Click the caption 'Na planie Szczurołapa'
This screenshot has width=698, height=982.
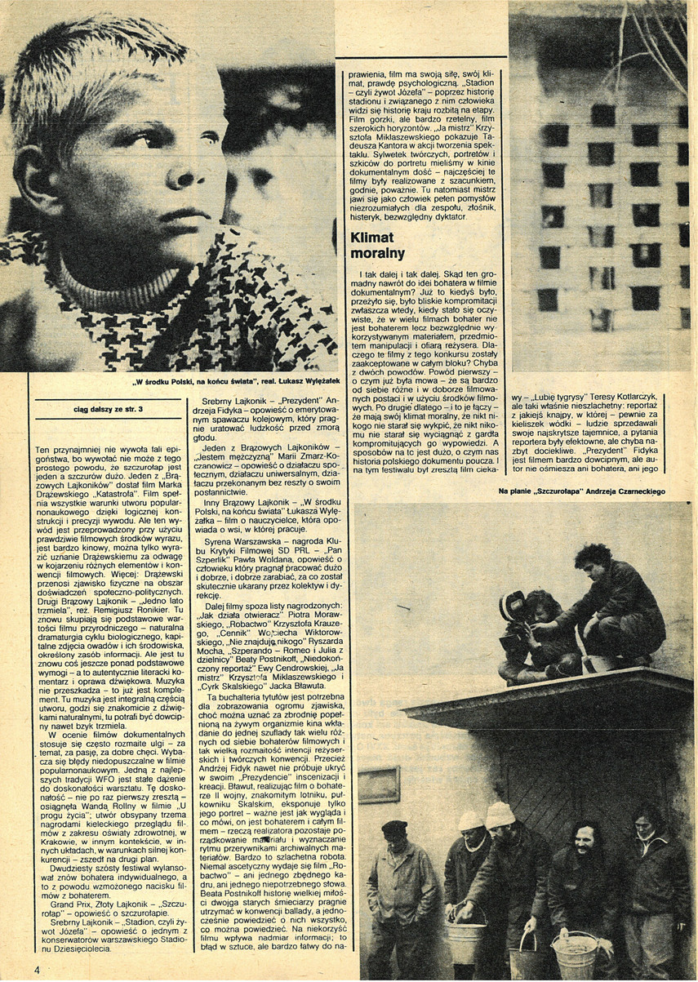point(581,491)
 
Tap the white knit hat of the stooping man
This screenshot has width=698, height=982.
point(500,814)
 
